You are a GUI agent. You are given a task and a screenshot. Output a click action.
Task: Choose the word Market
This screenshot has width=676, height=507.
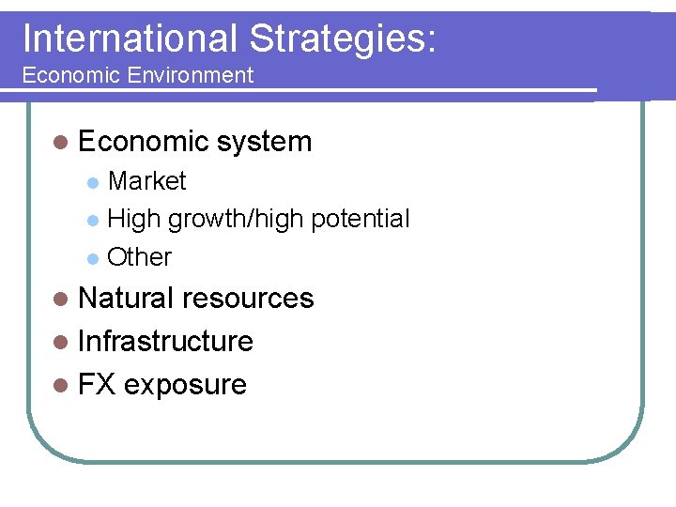point(147,180)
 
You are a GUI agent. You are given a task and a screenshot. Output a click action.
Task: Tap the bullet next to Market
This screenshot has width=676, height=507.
point(92,181)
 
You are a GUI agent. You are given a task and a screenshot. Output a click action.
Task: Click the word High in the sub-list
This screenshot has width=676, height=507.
point(134,219)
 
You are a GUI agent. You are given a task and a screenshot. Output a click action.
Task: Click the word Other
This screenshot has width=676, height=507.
point(140,256)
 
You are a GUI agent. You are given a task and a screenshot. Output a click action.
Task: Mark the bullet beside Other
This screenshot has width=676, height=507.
point(92,257)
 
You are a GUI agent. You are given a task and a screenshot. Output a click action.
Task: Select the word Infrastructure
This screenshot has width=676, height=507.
point(166,341)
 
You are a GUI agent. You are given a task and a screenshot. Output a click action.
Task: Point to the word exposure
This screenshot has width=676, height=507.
point(185,384)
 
